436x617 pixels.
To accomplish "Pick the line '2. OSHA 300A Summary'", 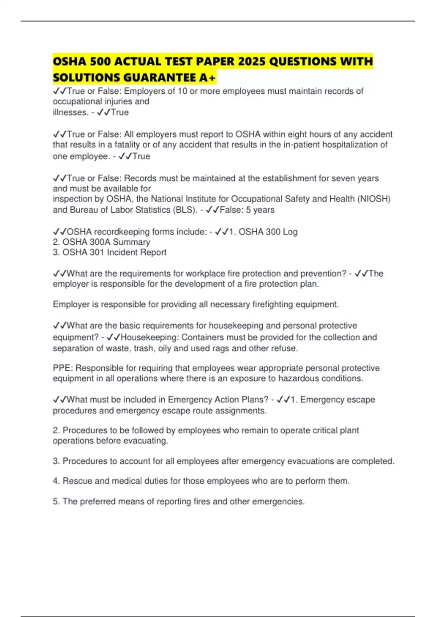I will click(x=101, y=242).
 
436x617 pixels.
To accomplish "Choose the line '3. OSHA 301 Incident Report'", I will click(x=109, y=252).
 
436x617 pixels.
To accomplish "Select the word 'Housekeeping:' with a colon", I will click(x=150, y=337).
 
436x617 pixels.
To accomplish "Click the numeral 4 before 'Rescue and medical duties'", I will click(x=56, y=481).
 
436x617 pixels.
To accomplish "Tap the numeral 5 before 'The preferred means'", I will click(x=56, y=502).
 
